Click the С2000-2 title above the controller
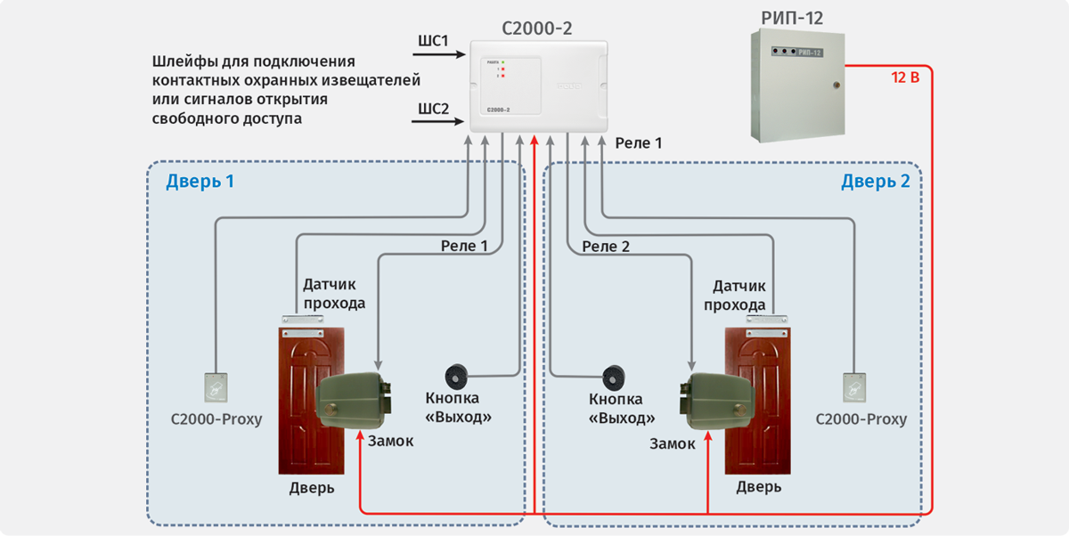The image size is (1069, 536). (536, 28)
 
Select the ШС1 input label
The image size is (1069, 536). (433, 42)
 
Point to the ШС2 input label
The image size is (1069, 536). (433, 110)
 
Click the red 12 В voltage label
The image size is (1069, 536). (905, 77)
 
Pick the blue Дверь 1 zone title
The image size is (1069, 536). (200, 183)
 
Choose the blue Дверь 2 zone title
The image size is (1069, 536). (875, 183)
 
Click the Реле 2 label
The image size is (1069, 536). (606, 246)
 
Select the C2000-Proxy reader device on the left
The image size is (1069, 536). (216, 386)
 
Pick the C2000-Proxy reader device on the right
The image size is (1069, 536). (854, 386)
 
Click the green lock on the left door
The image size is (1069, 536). (354, 399)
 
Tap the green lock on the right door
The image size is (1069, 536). (715, 399)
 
